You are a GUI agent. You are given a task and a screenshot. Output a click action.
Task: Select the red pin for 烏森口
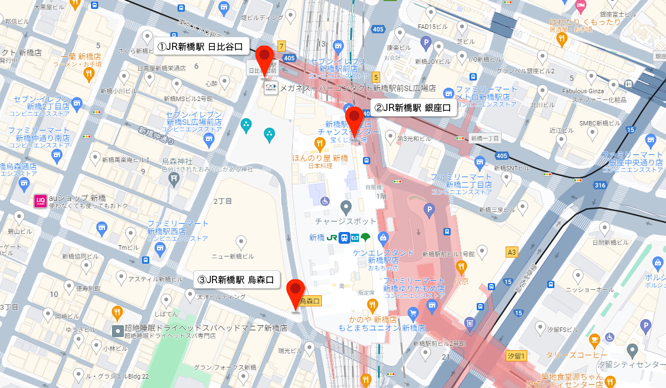coord(295,291)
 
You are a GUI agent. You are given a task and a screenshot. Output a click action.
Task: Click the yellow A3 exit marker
coord(512,253)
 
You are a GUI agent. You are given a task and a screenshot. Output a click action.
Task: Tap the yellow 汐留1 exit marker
coord(516,355)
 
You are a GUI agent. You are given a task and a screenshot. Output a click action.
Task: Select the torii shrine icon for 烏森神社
coord(174,178)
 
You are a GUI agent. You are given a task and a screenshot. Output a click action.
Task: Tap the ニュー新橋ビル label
coord(233,256)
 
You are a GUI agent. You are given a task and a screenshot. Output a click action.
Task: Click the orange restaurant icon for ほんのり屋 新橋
coord(319,145)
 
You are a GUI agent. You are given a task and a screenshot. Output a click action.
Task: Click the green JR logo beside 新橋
coord(332,238)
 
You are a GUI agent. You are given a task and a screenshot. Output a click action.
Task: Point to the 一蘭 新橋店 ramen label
coord(81,57)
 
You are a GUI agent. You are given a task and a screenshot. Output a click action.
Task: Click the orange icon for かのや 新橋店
coord(372,305)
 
